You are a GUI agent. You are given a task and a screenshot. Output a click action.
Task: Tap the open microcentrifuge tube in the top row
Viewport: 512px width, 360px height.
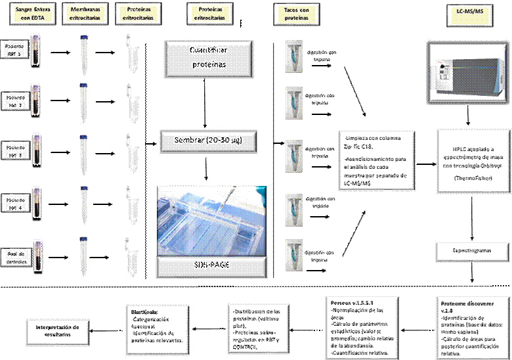pyautogui.click(x=132, y=53)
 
